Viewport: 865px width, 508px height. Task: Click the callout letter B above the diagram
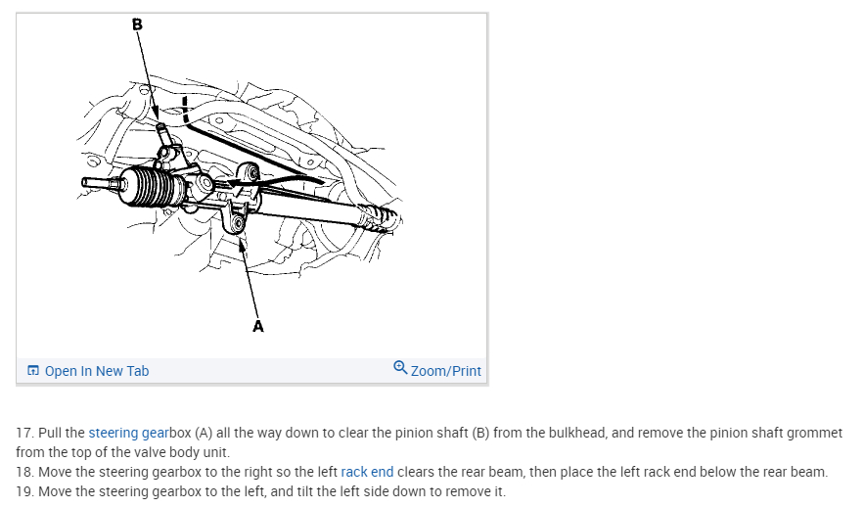[x=136, y=24]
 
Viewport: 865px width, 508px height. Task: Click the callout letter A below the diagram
[x=258, y=327]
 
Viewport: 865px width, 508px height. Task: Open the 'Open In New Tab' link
[x=96, y=371]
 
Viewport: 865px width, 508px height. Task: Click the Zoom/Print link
[x=446, y=371]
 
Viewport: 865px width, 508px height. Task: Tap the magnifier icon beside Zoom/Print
[x=400, y=368]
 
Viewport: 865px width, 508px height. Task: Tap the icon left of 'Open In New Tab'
[x=33, y=371]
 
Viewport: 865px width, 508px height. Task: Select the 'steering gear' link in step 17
[x=128, y=433]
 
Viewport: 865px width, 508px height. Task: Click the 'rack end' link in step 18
[x=367, y=472]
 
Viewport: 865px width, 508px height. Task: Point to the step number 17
[x=23, y=433]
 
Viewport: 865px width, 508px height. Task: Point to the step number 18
[x=23, y=472]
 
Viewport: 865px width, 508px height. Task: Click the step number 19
[x=23, y=491]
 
